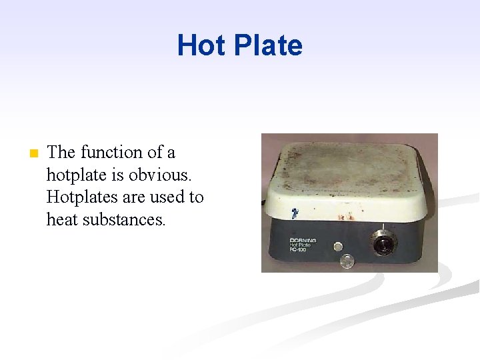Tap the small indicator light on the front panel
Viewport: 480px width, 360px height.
338,246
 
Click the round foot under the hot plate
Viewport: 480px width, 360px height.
347,261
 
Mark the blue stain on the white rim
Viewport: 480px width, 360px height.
293,214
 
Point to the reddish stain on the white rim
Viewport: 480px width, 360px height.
346,217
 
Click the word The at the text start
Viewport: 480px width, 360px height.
61,153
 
